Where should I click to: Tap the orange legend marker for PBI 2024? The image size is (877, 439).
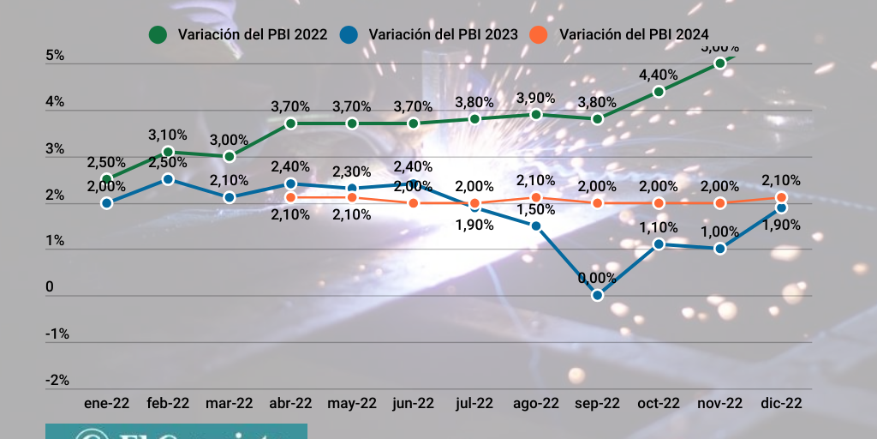coord(538,34)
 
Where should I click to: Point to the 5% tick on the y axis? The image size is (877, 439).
coord(55,56)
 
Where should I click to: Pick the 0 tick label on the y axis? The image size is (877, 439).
coord(49,287)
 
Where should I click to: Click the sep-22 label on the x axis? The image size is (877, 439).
coord(597,403)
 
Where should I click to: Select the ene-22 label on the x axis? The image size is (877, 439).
coord(106,403)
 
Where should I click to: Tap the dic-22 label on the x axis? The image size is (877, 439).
coord(781,403)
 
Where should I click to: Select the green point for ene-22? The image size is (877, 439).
coord(106,179)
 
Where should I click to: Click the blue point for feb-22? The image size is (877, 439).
coord(168,179)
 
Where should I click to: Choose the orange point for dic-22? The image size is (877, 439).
coord(781,198)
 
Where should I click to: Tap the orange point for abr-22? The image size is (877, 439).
coord(290,198)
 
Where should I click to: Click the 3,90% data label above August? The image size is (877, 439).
coord(536,98)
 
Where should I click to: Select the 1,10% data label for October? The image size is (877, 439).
coord(659,227)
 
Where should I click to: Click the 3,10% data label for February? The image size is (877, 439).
coord(168,135)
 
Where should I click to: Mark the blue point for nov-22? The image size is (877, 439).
coord(719,249)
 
